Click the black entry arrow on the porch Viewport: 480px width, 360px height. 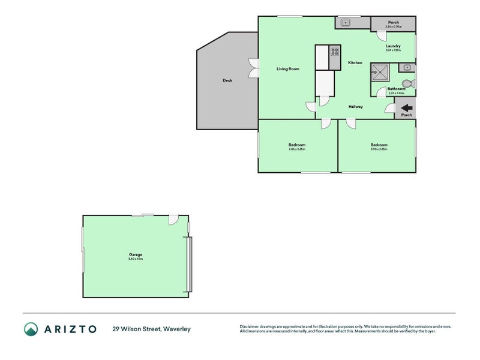pos(406,108)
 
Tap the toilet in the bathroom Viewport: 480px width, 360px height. pos(407,83)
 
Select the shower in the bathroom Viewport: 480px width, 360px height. pos(379,73)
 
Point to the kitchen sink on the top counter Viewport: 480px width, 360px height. pos(346,23)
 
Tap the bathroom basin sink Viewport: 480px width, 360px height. pos(407,67)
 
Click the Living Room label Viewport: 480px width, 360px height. pos(287,69)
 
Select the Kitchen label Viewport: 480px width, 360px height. pos(355,62)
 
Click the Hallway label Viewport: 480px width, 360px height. pos(356,107)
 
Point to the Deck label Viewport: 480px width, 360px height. pos(227,80)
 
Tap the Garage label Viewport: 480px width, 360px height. pos(135,254)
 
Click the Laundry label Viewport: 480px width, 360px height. pos(393,46)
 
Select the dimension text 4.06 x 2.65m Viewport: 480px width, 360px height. pos(296,149)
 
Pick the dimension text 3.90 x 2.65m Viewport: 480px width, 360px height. pos(379,149)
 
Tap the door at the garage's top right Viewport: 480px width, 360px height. pos(173,220)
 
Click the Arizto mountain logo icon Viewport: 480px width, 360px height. pos(31,329)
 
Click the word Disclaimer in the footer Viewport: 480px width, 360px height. pos(251,326)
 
